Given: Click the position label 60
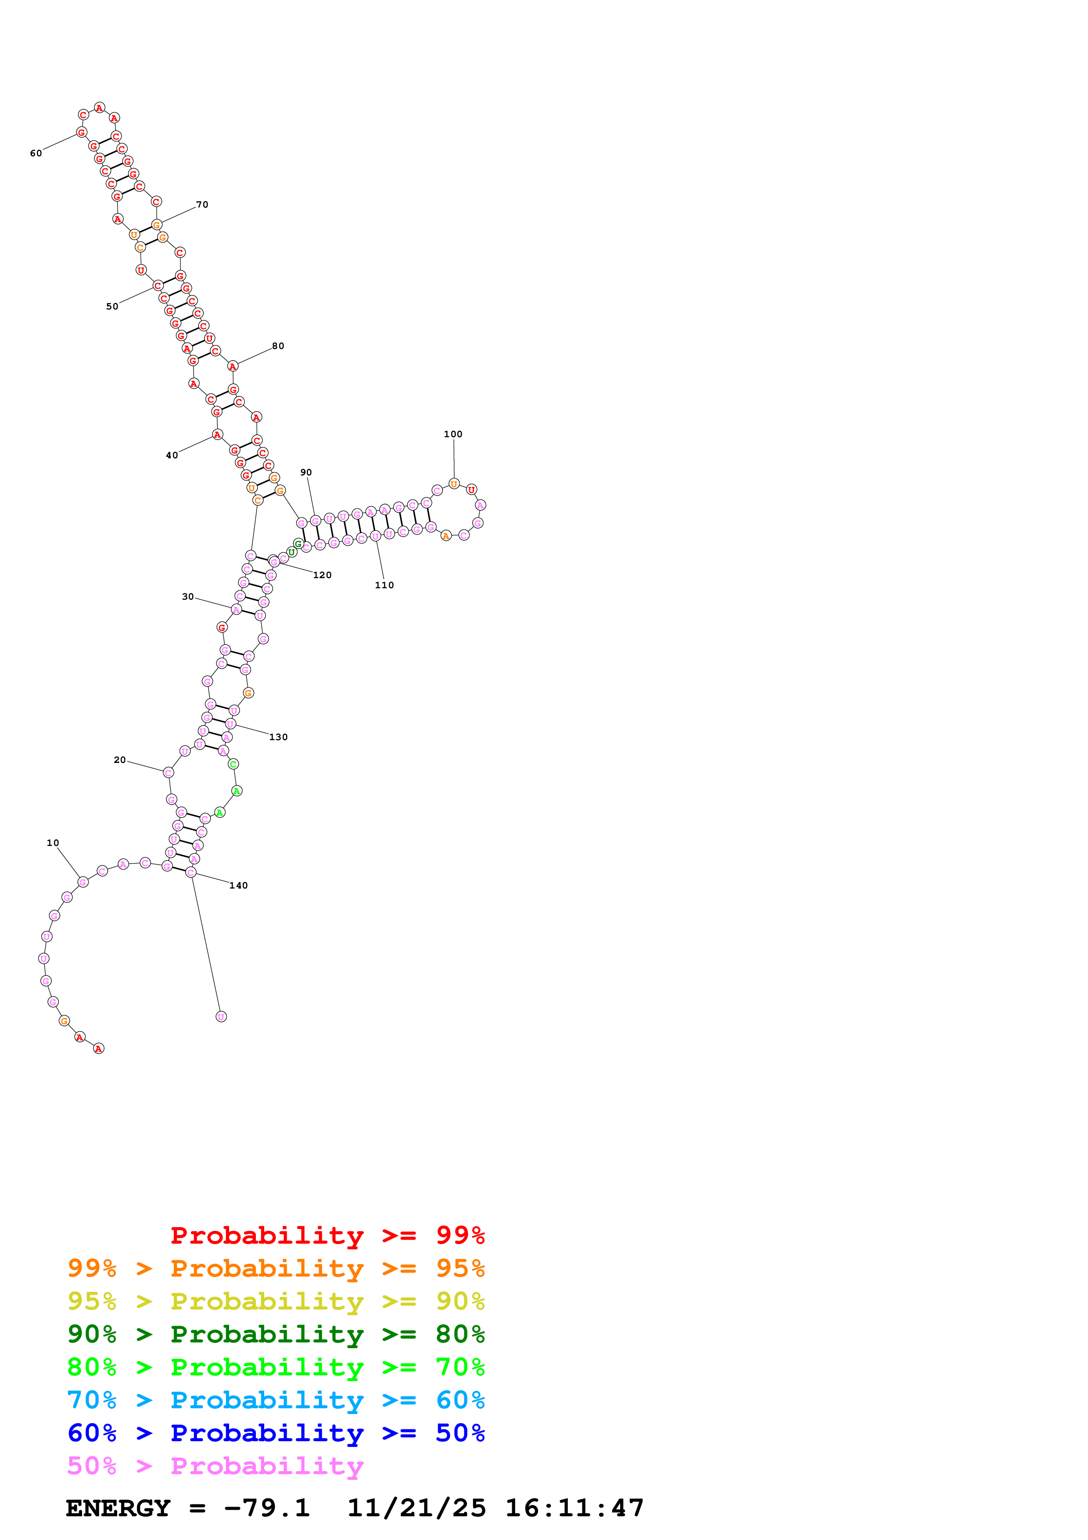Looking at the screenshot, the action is [36, 154].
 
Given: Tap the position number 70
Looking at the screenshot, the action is [202, 205].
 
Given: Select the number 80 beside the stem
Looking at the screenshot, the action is [277, 346].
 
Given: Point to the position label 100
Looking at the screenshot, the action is [453, 434].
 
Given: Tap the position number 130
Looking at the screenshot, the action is [278, 737].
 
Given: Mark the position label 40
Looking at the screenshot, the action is [172, 455].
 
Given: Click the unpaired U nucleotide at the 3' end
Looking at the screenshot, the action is [221, 1016].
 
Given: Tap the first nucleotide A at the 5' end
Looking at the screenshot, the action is [99, 1048].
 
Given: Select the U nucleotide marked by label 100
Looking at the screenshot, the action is [454, 484].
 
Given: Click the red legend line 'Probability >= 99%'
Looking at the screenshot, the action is [327, 1235].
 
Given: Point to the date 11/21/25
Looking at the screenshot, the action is [417, 1508].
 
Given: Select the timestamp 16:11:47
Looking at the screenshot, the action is [575, 1508].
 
